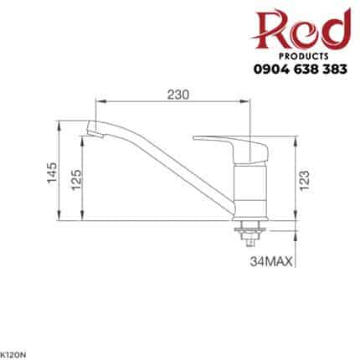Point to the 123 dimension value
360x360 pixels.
pos(306,178)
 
